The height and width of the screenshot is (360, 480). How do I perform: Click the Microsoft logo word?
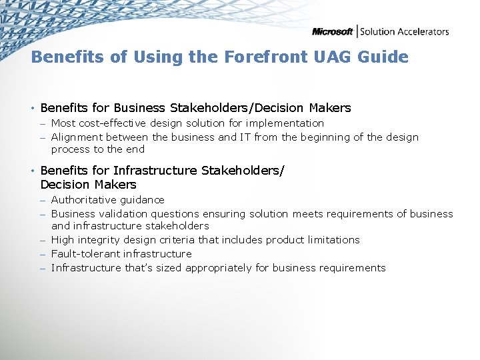coord(333,31)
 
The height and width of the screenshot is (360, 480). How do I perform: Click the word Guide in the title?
coord(383,57)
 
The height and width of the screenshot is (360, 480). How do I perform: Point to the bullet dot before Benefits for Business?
coord(33,108)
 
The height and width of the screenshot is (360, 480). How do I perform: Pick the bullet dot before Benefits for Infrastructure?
coord(33,171)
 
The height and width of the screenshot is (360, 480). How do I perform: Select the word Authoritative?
coord(84,200)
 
